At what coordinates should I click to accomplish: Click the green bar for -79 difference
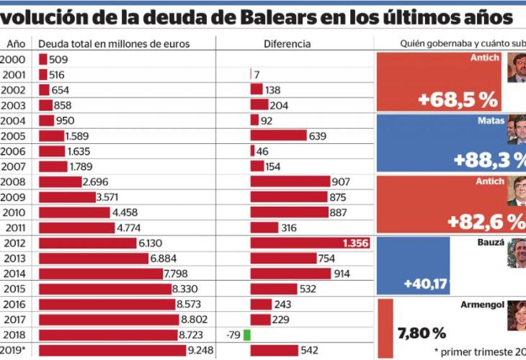coord(247,335)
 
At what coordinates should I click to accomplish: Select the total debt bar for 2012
coord(87,243)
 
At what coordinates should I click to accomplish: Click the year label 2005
coord(14,135)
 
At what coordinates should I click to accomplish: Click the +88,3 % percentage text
coord(487,159)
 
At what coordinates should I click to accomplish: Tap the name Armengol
coord(483,305)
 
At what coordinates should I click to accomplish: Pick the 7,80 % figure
coord(422,333)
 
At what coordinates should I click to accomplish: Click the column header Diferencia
coord(287,44)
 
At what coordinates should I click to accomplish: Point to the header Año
coord(16,44)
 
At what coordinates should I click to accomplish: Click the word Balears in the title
coord(214,16)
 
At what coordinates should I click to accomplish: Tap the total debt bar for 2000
coord(43,60)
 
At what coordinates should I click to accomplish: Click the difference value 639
coord(318,135)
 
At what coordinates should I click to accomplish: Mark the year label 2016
coord(14,304)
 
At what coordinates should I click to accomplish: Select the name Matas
coord(491,121)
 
